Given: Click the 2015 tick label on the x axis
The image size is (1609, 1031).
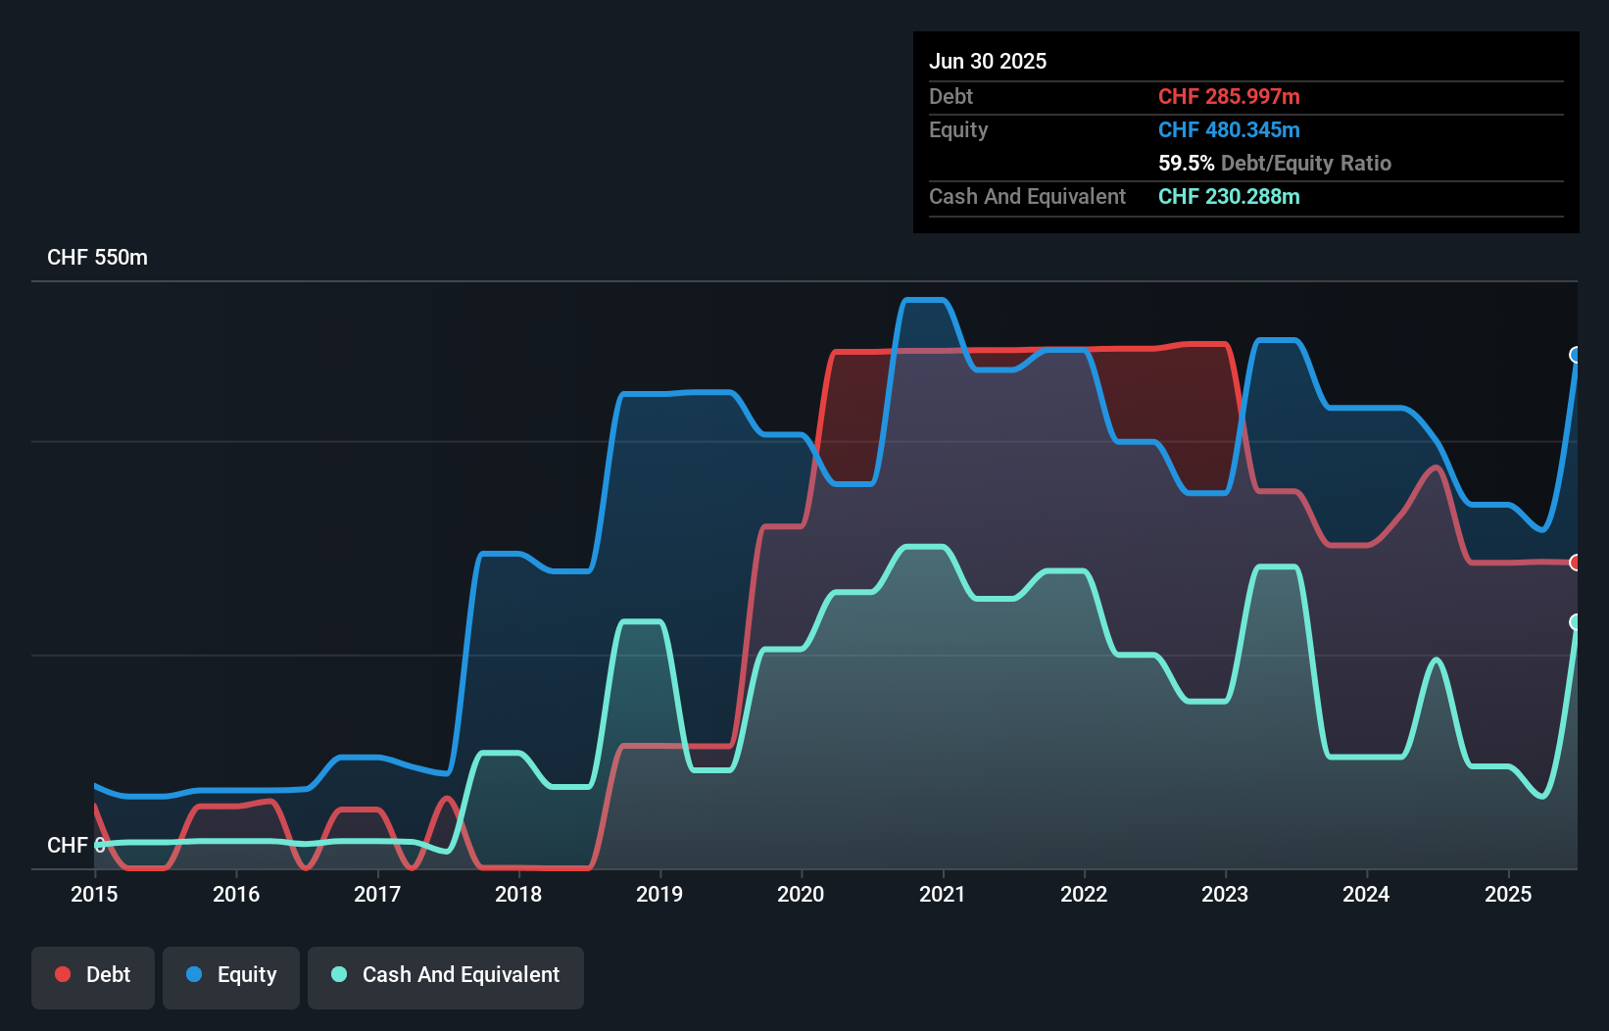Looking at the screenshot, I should pos(94,894).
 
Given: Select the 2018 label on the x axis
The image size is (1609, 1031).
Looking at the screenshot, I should pos(517,894).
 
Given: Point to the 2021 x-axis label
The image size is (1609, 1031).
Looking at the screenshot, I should pos(942,894).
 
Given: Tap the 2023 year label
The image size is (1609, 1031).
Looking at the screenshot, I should pos(1225,894).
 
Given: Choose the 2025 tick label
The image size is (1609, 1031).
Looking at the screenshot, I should pos(1507,894).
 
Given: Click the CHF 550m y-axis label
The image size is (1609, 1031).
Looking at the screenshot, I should pos(97,258).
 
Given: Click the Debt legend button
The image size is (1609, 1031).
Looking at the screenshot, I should pos(93,975).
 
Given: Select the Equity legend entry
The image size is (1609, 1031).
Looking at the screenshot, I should pos(231,975).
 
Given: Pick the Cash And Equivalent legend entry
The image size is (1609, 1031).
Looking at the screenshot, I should pos(446,975).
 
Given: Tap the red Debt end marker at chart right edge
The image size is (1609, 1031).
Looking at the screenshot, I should pos(1576,563).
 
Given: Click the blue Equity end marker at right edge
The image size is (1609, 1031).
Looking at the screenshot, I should pos(1576,355).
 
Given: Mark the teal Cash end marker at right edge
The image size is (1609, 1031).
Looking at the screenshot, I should pos(1576,622).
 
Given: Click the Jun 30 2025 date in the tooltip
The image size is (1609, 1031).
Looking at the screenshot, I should pos(988,62).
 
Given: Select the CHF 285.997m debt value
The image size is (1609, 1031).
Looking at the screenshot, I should pos(1229,97).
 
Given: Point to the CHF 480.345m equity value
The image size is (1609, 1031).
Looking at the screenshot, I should pos(1229,130).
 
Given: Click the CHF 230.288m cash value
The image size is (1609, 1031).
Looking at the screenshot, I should pos(1229,197).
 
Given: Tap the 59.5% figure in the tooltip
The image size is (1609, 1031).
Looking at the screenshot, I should pos(1186,164).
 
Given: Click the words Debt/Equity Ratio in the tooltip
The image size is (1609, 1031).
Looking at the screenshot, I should pos(1306,164).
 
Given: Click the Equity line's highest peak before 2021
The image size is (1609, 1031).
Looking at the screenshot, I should pos(922,300).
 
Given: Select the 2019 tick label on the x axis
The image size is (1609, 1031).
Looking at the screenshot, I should pos(659,894).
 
